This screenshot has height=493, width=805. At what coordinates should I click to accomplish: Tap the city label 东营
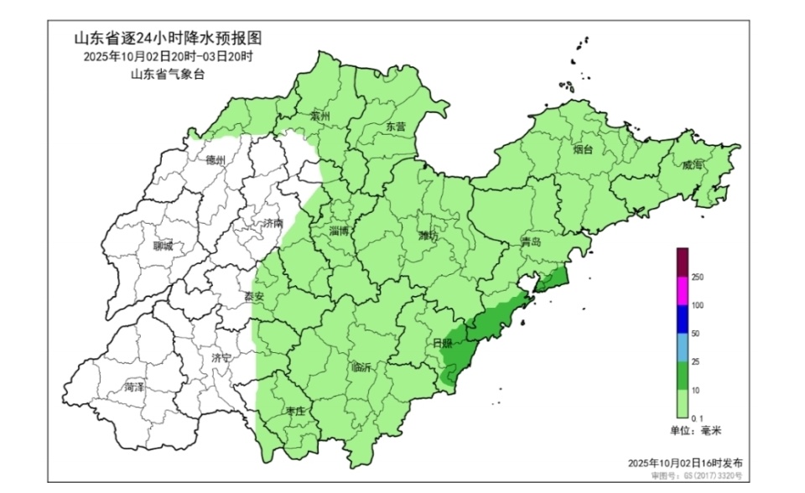coord(395,127)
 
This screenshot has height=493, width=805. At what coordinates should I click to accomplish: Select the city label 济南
coord(273,224)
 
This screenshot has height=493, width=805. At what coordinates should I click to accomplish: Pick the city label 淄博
coord(340,230)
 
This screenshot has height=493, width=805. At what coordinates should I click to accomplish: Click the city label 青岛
coord(531,241)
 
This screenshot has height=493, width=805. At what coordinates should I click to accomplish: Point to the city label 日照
coord(443,344)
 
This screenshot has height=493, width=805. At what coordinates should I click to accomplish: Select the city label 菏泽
coord(134,387)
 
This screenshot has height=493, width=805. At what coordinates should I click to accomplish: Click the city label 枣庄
coord(294,410)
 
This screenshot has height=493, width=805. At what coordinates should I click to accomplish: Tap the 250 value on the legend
coord(697,278)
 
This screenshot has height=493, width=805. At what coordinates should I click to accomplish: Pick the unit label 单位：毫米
coord(695,430)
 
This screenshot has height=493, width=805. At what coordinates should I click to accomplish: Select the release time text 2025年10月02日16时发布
coord(684,463)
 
